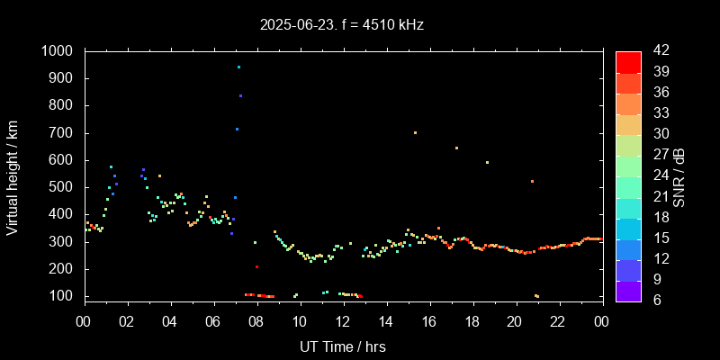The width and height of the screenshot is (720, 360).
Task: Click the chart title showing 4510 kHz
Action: pyautogui.click(x=342, y=25)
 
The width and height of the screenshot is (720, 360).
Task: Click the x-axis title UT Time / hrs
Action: pyautogui.click(x=343, y=346)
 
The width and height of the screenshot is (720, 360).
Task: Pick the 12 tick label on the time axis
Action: pyautogui.click(x=343, y=321)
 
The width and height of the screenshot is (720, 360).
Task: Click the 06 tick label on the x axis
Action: pyautogui.click(x=213, y=321)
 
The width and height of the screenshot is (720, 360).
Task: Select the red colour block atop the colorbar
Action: pyautogui.click(x=628, y=61)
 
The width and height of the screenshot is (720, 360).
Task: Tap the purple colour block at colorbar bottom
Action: pyautogui.click(x=628, y=289)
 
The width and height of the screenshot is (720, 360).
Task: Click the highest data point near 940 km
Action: pyautogui.click(x=238, y=67)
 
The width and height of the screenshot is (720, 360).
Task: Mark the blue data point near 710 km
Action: pyautogui.click(x=237, y=130)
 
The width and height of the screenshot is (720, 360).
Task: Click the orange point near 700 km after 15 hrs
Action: pyautogui.click(x=415, y=132)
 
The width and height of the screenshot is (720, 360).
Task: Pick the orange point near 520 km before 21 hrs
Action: pyautogui.click(x=532, y=182)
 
